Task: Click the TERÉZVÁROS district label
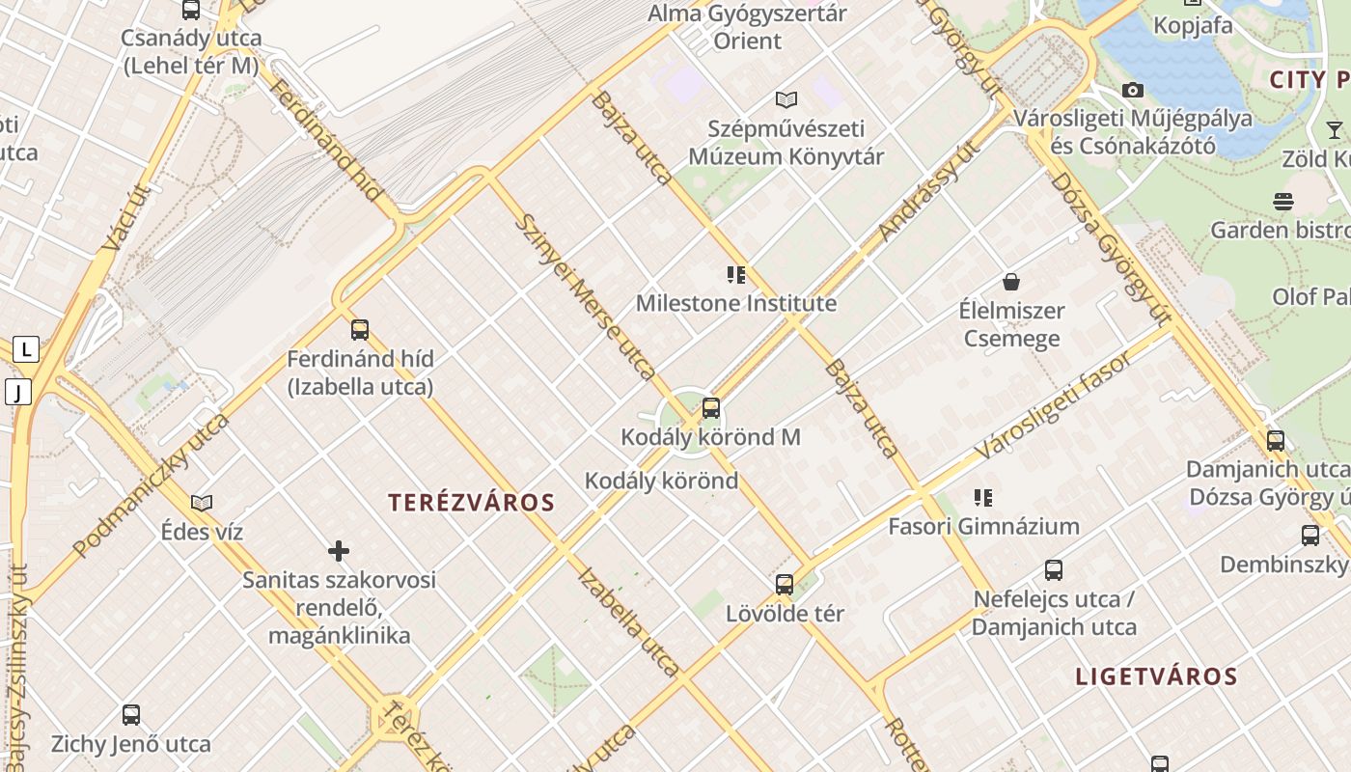coord(471,502)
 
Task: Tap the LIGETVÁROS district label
coord(1156,675)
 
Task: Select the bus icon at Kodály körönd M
coord(711,408)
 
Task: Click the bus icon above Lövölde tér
coord(785,584)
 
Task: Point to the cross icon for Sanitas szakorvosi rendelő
coord(339,551)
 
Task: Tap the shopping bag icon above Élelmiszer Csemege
coord(1011,282)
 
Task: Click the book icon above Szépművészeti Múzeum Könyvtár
coord(786,99)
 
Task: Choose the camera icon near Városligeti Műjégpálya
coord(1133,90)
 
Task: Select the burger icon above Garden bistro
coord(1282,202)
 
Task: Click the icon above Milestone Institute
coord(736,275)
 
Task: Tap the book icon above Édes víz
coord(202,503)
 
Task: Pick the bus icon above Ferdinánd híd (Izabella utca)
coord(360,330)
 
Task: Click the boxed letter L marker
coord(25,349)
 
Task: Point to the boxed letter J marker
coord(17,392)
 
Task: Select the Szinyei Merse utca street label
coord(586,295)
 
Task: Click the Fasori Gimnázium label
coord(983,526)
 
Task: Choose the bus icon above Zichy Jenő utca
coord(131,715)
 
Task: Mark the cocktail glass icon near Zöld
coord(1334,129)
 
